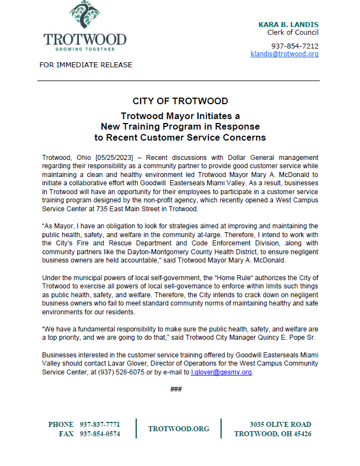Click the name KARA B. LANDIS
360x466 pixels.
point(288,25)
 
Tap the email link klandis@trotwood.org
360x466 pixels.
point(284,54)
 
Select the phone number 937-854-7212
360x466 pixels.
point(294,46)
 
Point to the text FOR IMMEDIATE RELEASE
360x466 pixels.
point(85,65)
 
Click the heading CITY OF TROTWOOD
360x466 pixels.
point(180,101)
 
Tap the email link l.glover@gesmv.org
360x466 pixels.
point(221,372)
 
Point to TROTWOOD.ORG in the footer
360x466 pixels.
point(179,429)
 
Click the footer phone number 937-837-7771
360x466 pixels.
point(100,425)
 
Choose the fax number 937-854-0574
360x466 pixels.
point(100,434)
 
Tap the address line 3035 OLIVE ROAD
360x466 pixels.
point(280,425)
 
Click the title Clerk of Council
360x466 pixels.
point(293,33)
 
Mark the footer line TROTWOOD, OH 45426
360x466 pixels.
point(273,434)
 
